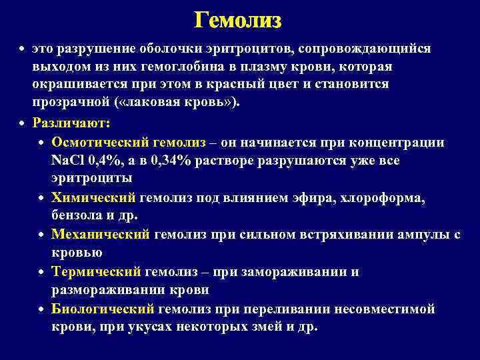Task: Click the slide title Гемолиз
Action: pos(238,21)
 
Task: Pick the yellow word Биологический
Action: pos(103,309)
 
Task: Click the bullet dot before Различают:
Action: pos(23,124)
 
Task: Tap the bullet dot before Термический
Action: pos(41,273)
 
